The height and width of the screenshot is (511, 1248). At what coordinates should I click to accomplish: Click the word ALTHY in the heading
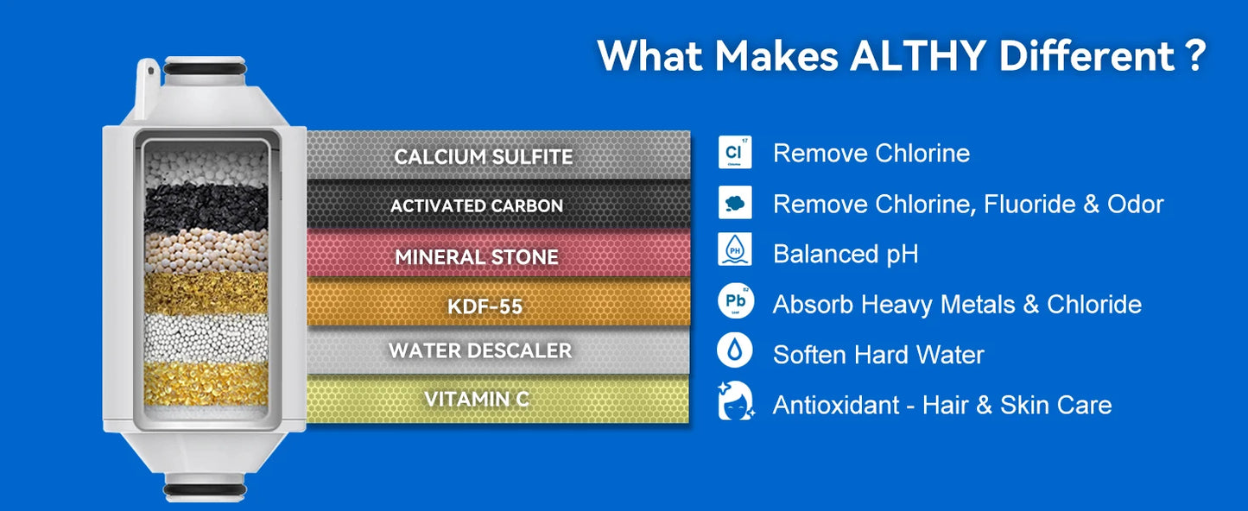pos(918,56)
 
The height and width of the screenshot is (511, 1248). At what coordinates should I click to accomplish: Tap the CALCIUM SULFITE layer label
pos(484,156)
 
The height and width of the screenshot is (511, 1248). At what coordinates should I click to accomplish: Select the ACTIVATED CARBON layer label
pos(477,206)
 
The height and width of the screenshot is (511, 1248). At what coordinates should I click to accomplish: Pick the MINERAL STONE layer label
pos(477,256)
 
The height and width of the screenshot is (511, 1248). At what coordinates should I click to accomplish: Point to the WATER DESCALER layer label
pos(480,351)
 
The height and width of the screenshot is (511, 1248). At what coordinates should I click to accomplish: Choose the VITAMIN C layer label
pos(477,400)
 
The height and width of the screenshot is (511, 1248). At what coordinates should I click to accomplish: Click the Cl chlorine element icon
pos(735,153)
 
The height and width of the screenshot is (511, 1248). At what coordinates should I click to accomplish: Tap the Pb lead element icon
pos(735,302)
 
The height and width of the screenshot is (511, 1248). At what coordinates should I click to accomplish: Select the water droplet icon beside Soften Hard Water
pos(735,351)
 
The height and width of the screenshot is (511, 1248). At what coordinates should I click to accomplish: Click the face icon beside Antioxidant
pos(735,402)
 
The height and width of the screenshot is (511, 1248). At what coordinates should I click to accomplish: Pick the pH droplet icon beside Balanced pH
pos(735,251)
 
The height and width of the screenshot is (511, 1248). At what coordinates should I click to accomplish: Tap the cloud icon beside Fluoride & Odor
pos(735,203)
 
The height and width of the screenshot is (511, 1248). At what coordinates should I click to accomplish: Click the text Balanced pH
pos(846,254)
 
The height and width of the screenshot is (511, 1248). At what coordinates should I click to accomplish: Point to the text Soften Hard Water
pos(878,355)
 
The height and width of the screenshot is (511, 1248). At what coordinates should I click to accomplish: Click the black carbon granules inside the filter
pos(206,208)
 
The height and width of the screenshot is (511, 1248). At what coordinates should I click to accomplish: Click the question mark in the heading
pos(1194,56)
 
